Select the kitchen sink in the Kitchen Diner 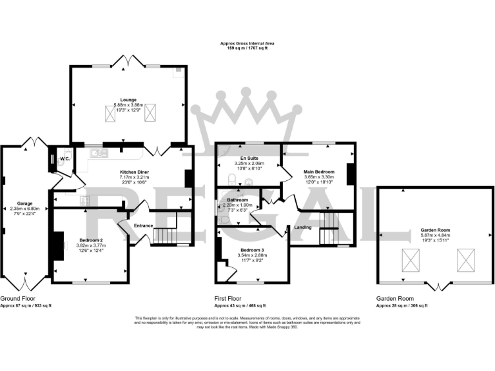(x=97, y=153)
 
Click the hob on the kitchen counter (x=84, y=200)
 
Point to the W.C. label (x=64, y=158)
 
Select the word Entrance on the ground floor (x=143, y=225)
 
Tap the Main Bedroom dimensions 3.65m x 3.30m (x=320, y=177)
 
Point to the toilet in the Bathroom (x=222, y=218)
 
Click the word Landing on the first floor (x=303, y=227)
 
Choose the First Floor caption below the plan (x=228, y=299)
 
